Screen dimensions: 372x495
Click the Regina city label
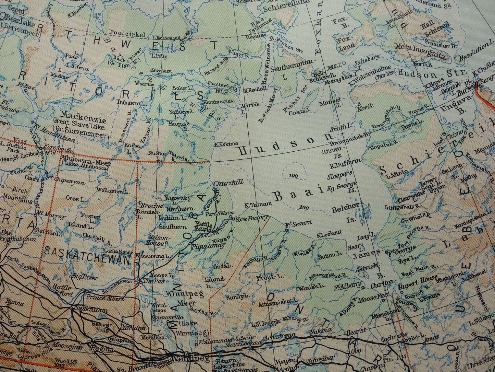coord(101,349)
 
